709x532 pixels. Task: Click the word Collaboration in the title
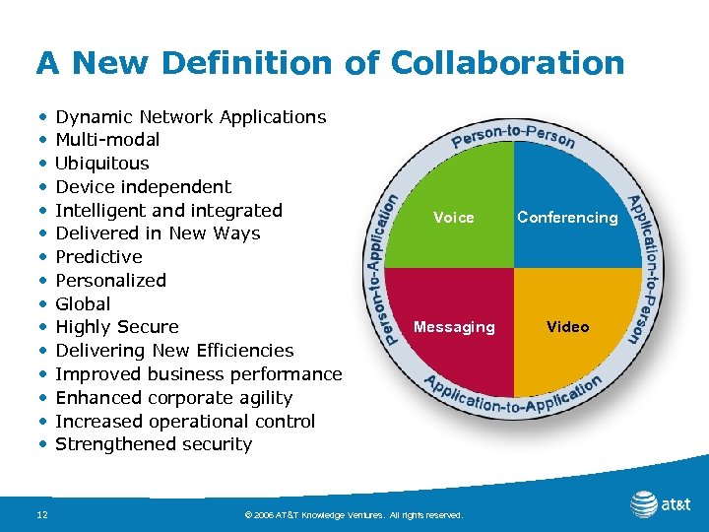tap(507, 63)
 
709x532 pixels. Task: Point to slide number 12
tap(42, 514)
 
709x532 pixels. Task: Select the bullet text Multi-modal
tap(107, 140)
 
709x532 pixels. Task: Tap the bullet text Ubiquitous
tap(102, 164)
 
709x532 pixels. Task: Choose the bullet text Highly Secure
tap(117, 327)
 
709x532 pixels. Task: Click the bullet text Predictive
tap(98, 257)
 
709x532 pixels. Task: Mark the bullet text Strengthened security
tap(154, 444)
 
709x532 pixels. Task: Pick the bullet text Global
tap(83, 304)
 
